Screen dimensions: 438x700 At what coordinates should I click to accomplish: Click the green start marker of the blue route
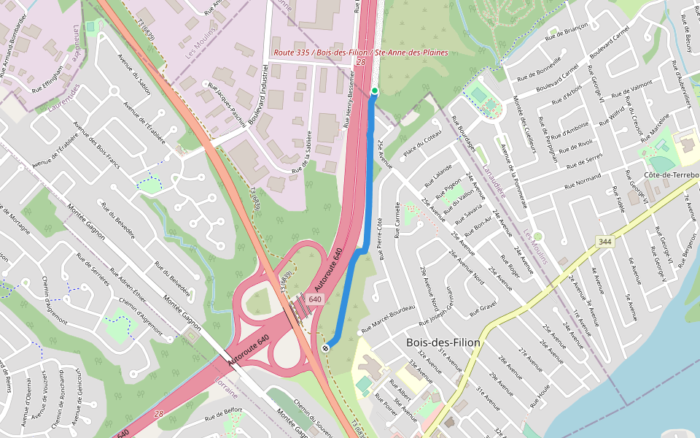coord(375,91)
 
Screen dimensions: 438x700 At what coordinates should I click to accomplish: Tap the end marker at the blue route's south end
coord(325,347)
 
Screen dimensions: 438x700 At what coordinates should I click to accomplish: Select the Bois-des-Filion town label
coord(443,342)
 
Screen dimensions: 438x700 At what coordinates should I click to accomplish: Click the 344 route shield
coord(604,242)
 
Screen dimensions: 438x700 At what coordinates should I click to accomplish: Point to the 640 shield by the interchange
coord(315,299)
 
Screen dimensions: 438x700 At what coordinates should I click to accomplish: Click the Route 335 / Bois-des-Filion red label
coord(360,53)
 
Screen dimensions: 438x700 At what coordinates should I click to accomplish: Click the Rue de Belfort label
coord(224,415)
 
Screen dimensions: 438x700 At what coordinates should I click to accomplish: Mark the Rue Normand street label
coord(577,179)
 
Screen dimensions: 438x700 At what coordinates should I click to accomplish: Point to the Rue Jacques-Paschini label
coord(227,105)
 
